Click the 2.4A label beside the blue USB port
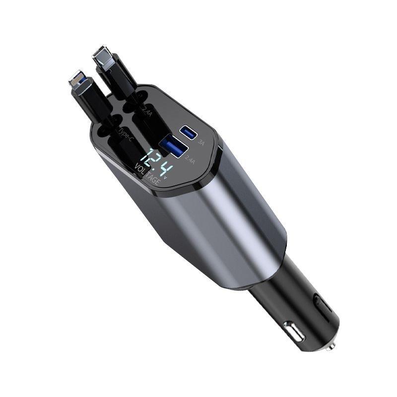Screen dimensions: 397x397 (189, 160)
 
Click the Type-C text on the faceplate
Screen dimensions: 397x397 (125, 134)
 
